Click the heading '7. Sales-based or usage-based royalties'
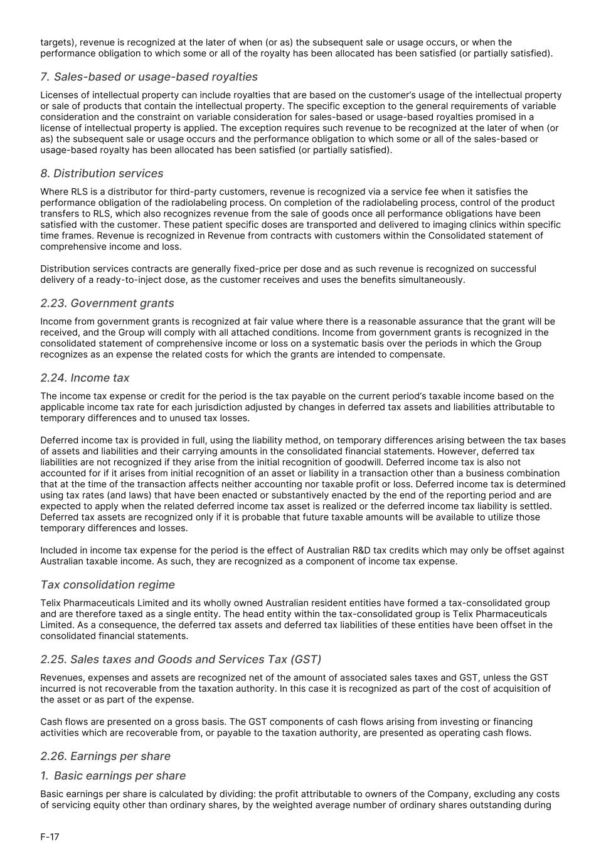pos(149,77)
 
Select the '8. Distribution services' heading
pos(102,174)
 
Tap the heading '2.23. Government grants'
pos(107,304)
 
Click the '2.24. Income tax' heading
pos(85,378)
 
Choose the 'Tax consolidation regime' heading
pos(107,585)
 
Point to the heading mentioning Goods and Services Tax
pos(180,660)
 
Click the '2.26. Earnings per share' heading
pos(105,756)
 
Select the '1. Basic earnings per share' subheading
pos(113,776)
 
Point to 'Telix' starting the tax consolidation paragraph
pos(53,603)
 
